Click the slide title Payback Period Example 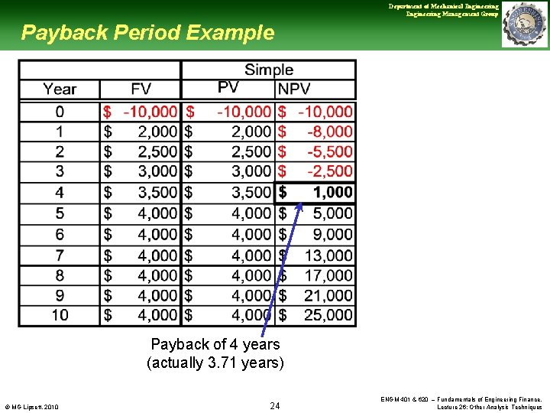147,33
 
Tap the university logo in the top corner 524,24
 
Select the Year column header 60,89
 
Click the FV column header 141,89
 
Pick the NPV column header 294,89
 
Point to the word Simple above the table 268,70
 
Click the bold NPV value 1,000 332,192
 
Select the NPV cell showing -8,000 329,132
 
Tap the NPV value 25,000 328,314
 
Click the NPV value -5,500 329,151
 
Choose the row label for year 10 60,314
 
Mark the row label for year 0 60,112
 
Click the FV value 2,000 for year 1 157,132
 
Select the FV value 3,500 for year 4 157,192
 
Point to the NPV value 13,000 328,255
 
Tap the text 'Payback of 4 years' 215,344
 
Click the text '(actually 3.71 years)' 215,363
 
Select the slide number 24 275,405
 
